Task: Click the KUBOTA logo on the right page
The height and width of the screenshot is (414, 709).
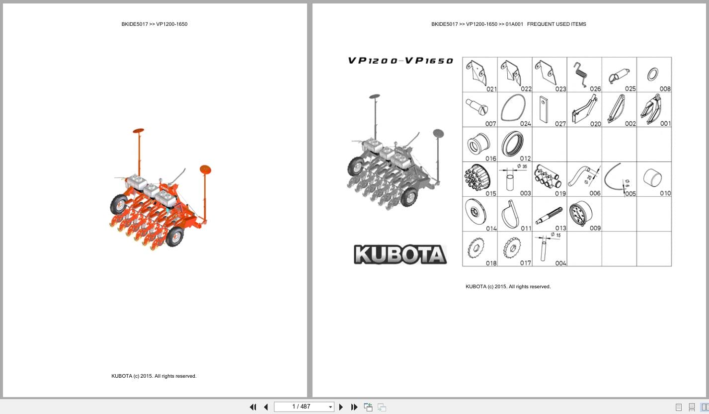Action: click(x=400, y=254)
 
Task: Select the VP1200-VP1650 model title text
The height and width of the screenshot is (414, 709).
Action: click(x=400, y=61)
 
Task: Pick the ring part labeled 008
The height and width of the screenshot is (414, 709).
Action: click(x=653, y=75)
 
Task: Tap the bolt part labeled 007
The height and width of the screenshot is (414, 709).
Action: click(x=476, y=106)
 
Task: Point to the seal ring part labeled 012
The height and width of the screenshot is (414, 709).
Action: click(x=512, y=144)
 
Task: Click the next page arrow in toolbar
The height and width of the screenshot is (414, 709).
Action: click(x=341, y=407)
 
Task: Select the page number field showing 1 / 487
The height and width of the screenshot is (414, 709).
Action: click(x=301, y=407)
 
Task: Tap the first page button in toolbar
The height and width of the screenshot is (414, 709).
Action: click(x=253, y=407)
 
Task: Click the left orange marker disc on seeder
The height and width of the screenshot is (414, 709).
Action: click(x=138, y=131)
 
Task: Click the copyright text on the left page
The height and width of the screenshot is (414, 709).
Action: click(x=154, y=376)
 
